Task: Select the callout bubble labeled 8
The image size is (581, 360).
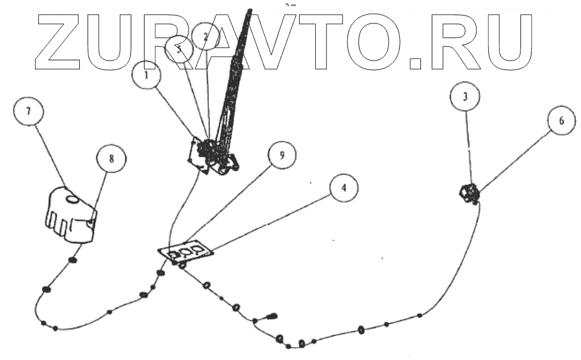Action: [111, 159]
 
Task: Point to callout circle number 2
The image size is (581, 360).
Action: [206, 36]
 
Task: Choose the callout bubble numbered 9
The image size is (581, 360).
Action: [281, 155]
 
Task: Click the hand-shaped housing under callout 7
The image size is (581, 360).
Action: [67, 216]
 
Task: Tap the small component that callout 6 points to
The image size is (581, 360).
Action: [469, 195]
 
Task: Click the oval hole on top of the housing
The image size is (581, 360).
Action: [71, 199]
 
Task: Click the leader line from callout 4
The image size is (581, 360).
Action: [272, 222]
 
